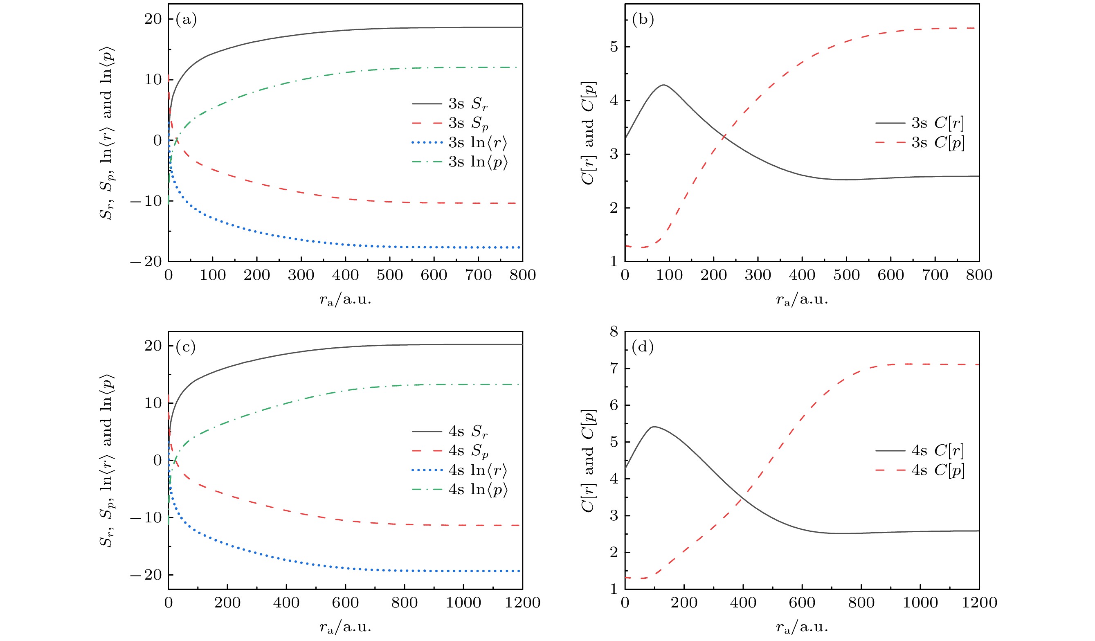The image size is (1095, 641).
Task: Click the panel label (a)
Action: (186, 20)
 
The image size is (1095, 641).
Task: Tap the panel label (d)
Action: (643, 347)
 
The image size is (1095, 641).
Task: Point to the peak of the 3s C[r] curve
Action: (663, 85)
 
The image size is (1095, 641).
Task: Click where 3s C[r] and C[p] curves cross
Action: (724, 137)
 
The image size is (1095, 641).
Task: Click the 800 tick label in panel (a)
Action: (522, 275)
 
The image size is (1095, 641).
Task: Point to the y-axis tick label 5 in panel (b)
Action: (614, 47)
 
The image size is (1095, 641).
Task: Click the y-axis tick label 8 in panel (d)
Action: (614, 332)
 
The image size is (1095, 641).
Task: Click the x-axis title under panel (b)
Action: (802, 299)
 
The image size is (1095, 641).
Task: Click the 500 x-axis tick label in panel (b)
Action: (846, 275)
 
